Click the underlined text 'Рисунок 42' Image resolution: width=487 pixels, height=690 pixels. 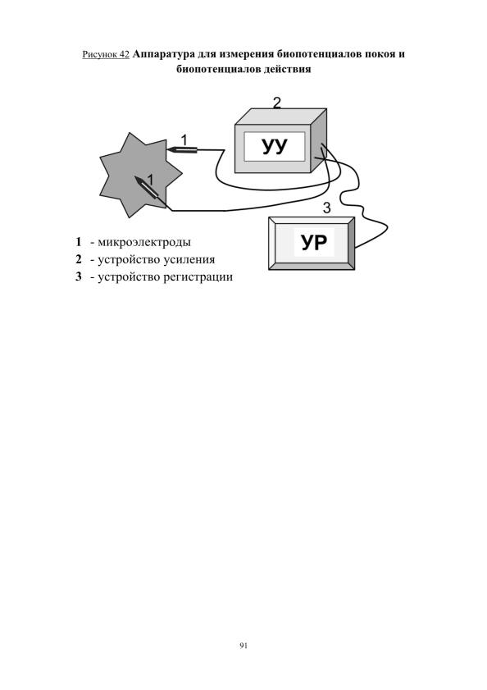pyautogui.click(x=106, y=55)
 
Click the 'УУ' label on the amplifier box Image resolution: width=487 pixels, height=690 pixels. pyautogui.click(x=275, y=146)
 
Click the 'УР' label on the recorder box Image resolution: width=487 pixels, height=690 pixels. pyautogui.click(x=314, y=242)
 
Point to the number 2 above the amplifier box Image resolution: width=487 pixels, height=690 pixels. pyautogui.click(x=276, y=103)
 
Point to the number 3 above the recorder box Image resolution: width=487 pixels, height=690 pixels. pyautogui.click(x=326, y=208)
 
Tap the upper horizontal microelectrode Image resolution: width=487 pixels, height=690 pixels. pyautogui.click(x=182, y=150)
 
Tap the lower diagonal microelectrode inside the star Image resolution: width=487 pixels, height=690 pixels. pyautogui.click(x=149, y=190)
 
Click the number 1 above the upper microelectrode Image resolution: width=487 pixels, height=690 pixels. pyautogui.click(x=184, y=140)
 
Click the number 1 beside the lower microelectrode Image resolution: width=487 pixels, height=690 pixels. pyautogui.click(x=151, y=180)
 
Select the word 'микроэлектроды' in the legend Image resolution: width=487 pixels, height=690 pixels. pyautogui.click(x=144, y=242)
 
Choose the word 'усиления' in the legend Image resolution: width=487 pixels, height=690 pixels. pyautogui.click(x=189, y=259)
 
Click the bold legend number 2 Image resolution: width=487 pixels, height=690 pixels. pyautogui.click(x=79, y=259)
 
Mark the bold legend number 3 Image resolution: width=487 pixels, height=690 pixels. pyautogui.click(x=79, y=276)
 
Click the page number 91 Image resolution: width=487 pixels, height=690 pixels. pyautogui.click(x=243, y=646)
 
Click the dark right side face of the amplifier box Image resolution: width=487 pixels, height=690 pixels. pyautogui.click(x=319, y=140)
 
